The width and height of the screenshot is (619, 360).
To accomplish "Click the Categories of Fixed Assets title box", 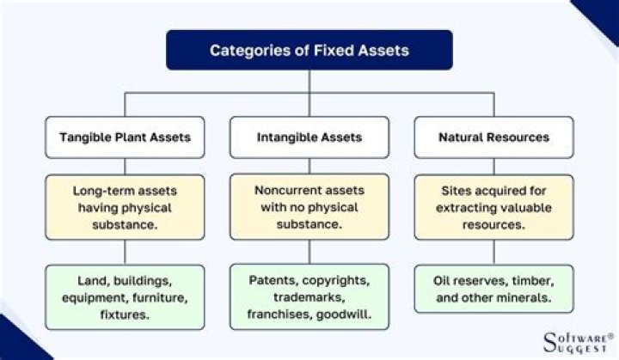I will tap(309, 50).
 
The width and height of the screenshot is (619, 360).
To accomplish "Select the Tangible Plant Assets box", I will tap(125, 137).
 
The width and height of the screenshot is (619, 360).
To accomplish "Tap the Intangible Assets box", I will tap(309, 137).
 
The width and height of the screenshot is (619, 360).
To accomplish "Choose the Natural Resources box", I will tap(493, 137).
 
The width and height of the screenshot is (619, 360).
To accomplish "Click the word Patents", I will tap(273, 280).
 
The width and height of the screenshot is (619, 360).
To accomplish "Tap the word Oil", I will tap(450, 280).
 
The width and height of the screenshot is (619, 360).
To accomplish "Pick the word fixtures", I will tap(125, 314).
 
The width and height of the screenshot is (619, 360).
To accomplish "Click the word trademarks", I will tap(309, 297).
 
